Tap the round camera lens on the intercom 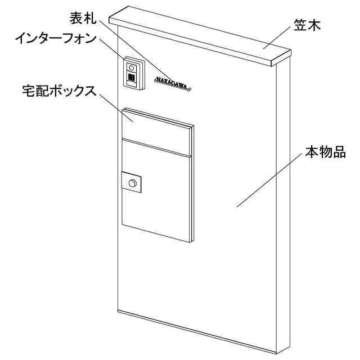(132, 66)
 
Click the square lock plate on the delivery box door (133, 183)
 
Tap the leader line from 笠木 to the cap (278, 39)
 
